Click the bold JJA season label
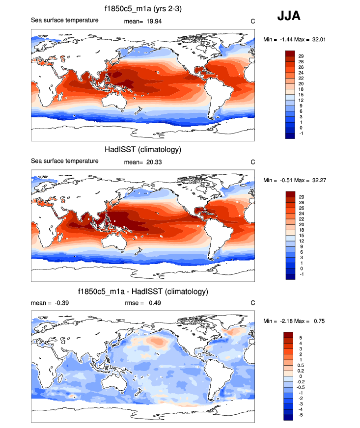[x=289, y=16]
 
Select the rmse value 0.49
[x=154, y=303]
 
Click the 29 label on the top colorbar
[x=308, y=56]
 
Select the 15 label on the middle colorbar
[x=308, y=236]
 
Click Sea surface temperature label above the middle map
[x=65, y=160]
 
